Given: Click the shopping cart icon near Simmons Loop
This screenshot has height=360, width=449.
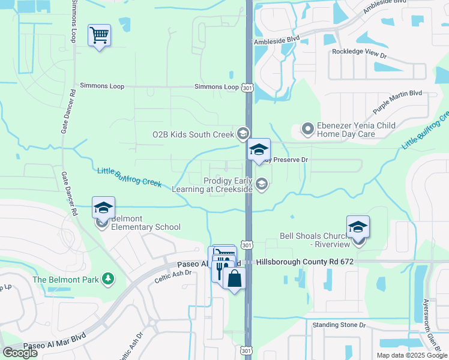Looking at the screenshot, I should (99, 35).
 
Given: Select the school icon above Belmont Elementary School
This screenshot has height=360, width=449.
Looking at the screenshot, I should (103, 208).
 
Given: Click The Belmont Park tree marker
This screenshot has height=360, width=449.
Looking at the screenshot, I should (108, 279).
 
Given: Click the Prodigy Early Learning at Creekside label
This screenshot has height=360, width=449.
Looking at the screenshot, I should (229, 185).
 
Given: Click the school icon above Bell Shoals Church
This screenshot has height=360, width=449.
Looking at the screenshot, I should (358, 227).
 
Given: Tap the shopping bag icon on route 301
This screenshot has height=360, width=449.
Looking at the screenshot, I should (234, 278).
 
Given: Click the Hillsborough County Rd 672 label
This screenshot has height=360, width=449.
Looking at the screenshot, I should (305, 262).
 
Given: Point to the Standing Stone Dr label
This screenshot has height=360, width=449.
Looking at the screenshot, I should (339, 325).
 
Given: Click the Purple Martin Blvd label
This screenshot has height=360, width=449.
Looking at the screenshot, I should (397, 103).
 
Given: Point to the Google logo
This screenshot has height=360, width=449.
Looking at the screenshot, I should (20, 353).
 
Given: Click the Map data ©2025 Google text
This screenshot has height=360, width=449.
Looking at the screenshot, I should (412, 355).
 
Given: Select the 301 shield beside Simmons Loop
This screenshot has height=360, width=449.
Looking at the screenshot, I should (247, 87).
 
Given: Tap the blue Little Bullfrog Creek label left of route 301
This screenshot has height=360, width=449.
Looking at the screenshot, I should (129, 177).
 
